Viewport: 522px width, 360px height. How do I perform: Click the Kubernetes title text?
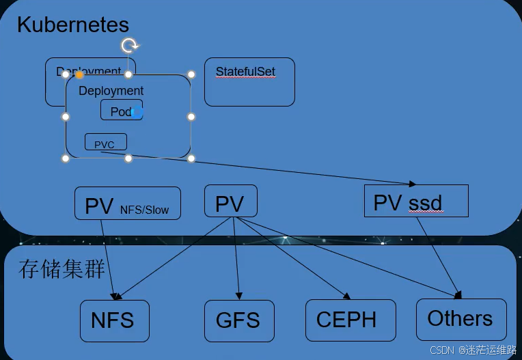coord(72,25)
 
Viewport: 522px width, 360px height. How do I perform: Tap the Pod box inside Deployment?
coord(122,111)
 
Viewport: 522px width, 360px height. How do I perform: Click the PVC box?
coord(105,142)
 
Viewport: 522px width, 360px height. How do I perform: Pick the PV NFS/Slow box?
coord(127,204)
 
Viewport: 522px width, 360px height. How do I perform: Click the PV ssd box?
coord(416,202)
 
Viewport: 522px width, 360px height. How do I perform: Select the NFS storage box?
coord(114,320)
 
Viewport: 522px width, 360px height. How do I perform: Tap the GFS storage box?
coord(238,320)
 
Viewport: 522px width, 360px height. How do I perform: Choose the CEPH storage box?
coord(350,320)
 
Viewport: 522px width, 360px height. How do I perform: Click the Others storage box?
coord(461,319)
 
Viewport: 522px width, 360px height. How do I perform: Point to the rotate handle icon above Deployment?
coord(129,46)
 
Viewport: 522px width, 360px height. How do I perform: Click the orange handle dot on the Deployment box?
coord(79,74)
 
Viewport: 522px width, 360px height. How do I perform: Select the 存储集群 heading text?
coord(61,268)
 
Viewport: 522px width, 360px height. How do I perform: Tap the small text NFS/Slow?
coord(144,210)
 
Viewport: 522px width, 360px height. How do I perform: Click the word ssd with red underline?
coord(426,204)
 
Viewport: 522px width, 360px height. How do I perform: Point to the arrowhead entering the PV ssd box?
coord(411,184)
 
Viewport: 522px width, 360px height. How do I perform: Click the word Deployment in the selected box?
coord(111,91)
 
